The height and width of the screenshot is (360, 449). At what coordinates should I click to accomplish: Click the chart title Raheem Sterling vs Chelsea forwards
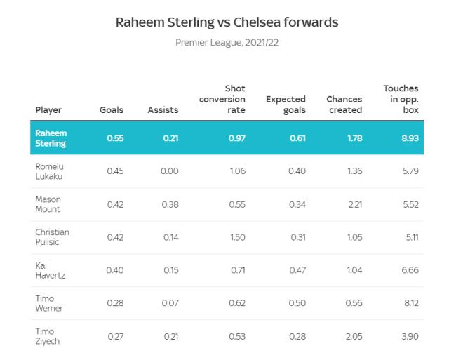[x=227, y=22]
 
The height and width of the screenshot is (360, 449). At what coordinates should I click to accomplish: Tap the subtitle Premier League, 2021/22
[x=227, y=43]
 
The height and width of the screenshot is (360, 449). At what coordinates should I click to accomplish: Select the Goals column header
[x=111, y=110]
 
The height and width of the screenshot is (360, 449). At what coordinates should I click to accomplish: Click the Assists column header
[x=163, y=110]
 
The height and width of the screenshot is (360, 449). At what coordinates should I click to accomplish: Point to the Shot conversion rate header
[x=222, y=100]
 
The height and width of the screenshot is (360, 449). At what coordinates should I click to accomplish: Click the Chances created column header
[x=344, y=105]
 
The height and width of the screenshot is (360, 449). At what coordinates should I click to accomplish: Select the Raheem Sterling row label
[x=51, y=138]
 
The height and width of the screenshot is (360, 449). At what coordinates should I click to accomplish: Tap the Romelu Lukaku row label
[x=50, y=171]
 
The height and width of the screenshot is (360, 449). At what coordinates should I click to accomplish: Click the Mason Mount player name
[x=48, y=204]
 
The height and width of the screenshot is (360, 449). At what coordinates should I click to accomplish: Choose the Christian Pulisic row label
[x=53, y=237]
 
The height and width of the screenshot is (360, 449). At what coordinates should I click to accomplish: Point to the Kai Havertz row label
[x=50, y=270]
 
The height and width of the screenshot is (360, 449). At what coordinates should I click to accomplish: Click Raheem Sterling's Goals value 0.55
[x=115, y=138]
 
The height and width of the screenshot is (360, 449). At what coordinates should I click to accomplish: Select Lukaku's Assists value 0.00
[x=169, y=171]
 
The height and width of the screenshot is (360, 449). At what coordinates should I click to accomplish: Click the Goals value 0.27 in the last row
[x=115, y=336]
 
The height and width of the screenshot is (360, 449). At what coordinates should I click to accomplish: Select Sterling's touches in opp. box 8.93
[x=410, y=138]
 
